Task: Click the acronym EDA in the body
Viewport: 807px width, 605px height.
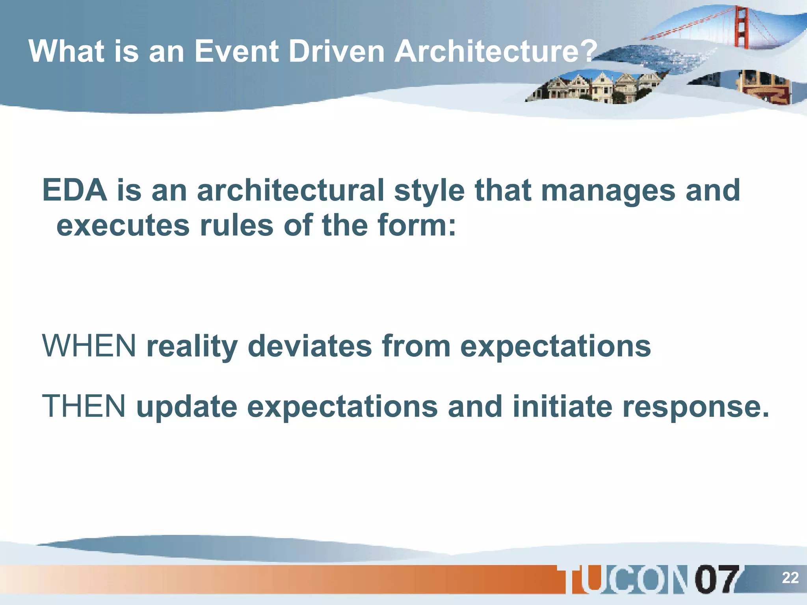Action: coord(74,191)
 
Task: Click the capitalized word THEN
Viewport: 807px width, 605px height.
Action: coord(84,406)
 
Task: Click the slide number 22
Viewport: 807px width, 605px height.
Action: coord(790,578)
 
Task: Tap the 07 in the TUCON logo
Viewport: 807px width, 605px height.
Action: coord(716,579)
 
